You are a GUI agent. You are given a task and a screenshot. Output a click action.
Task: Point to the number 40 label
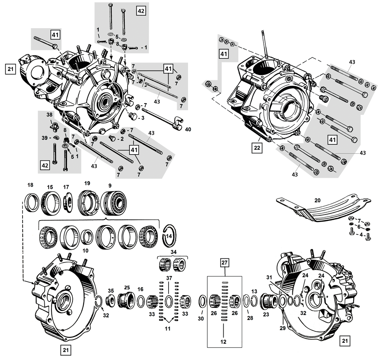click(x=188, y=129)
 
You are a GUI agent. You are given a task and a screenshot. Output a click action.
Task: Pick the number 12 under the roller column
click(x=224, y=342)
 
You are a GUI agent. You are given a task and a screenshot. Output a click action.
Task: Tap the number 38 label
click(x=50, y=114)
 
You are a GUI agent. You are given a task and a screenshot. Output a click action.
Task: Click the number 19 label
click(x=87, y=184)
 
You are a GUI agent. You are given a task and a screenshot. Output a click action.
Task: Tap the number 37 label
click(x=169, y=278)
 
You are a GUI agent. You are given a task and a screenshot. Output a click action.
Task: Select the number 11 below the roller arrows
click(x=168, y=328)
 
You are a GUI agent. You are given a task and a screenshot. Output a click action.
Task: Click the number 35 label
click(x=111, y=291)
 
